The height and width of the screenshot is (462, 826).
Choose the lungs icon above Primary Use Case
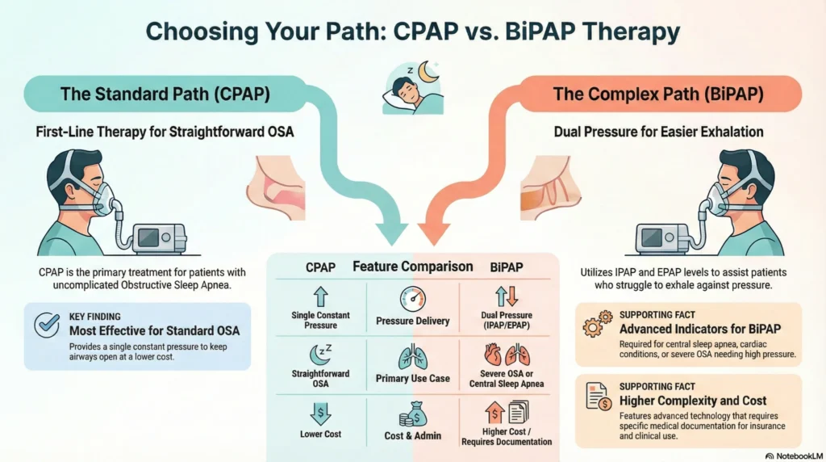pyautogui.click(x=412, y=355)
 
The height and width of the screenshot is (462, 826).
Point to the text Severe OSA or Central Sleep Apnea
pyautogui.click(x=506, y=378)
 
